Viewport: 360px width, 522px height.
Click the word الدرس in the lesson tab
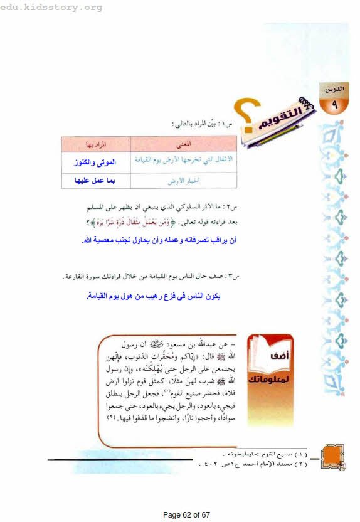pos(333,90)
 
